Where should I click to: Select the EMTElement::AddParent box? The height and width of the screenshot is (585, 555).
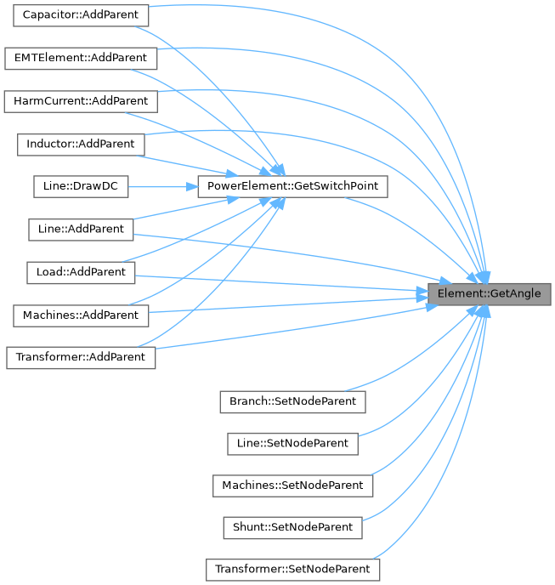[x=81, y=59]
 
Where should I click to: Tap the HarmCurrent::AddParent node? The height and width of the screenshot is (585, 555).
[x=81, y=101]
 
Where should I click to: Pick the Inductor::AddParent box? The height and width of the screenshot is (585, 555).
[x=81, y=144]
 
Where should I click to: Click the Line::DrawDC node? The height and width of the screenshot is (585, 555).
[x=81, y=186]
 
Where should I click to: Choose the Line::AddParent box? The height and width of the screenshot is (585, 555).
[x=81, y=229]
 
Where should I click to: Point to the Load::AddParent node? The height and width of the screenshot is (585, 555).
[x=81, y=272]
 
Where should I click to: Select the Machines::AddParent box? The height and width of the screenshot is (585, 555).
[x=81, y=315]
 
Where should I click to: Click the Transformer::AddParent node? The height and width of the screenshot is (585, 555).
[x=81, y=357]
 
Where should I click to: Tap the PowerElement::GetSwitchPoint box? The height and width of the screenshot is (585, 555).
[x=293, y=186]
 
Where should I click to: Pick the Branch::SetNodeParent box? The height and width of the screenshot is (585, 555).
[x=292, y=400]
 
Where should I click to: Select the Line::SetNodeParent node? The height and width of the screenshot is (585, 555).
[x=292, y=442]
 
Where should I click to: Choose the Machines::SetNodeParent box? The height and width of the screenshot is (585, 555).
[x=292, y=485]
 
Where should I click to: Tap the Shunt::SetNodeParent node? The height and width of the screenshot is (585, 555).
[x=292, y=527]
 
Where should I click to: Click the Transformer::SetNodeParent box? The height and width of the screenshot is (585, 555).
[x=292, y=569]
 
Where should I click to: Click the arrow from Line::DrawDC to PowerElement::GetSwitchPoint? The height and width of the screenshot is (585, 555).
[x=161, y=186]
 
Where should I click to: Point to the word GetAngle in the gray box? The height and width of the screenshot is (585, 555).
[x=518, y=293]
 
